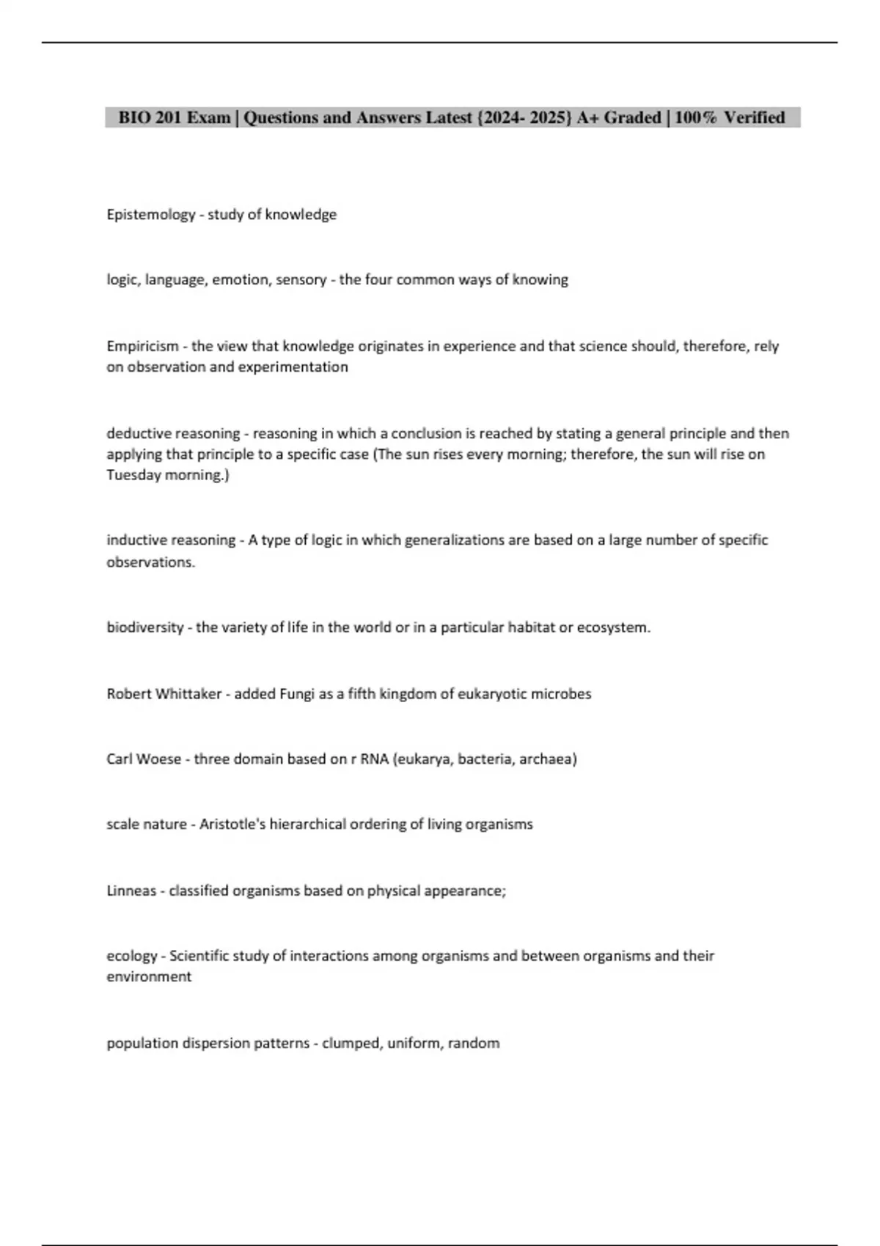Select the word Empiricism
pos(142,346)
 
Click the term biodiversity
pos(144,627)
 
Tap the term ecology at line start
pos(132,956)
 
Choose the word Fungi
pos(297,693)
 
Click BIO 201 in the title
pos(150,117)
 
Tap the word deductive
pos(138,433)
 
